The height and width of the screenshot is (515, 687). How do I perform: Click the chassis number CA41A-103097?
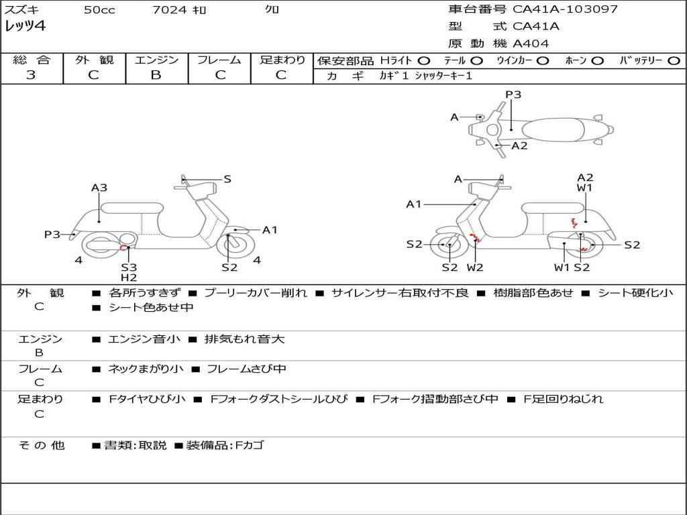pyautogui.click(x=565, y=9)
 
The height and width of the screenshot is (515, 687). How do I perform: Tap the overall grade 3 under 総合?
pyautogui.click(x=31, y=74)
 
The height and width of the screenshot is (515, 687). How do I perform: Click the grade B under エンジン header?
pyautogui.click(x=156, y=74)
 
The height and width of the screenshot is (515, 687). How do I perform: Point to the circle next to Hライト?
pyautogui.click(x=424, y=61)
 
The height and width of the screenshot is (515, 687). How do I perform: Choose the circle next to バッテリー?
pyautogui.click(x=674, y=61)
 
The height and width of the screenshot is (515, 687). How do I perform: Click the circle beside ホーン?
pyautogui.click(x=598, y=61)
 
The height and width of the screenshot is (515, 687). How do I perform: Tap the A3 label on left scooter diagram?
pyautogui.click(x=99, y=188)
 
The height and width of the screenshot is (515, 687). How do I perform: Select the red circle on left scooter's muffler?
pyautogui.click(x=123, y=248)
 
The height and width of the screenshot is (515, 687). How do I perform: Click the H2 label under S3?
pyautogui.click(x=129, y=278)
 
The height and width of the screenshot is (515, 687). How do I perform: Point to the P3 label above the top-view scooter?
pyautogui.click(x=513, y=95)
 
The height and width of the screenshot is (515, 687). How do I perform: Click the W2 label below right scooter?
pyautogui.click(x=475, y=267)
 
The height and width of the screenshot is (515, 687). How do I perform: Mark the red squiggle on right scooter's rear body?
pyautogui.click(x=574, y=223)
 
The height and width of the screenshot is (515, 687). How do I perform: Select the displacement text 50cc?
pyautogui.click(x=99, y=9)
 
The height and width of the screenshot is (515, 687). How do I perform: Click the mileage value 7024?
pyautogui.click(x=169, y=9)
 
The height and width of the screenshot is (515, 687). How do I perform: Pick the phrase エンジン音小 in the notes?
pyautogui.click(x=144, y=339)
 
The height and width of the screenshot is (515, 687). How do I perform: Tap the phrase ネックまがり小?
pyautogui.click(x=146, y=369)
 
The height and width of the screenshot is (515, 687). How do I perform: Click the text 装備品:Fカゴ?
pyautogui.click(x=225, y=445)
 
